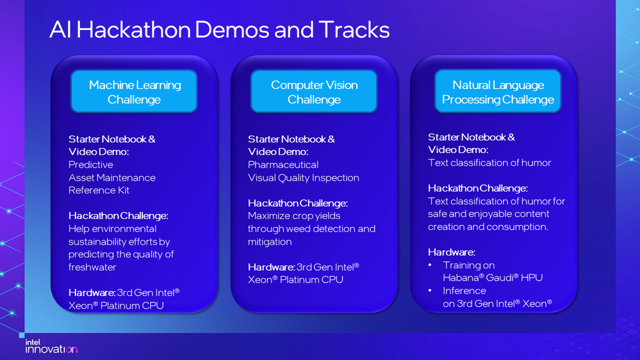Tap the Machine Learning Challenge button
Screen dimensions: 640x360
point(135,92)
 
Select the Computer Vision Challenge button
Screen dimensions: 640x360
point(314,92)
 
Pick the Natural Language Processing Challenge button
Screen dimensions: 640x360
point(498,92)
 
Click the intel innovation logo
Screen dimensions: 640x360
point(51,346)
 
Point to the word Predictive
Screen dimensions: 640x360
point(90,165)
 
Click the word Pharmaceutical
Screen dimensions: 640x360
point(283,165)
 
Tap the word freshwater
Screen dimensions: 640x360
point(92,267)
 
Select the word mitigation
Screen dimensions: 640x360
point(270,242)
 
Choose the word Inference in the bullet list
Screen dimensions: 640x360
point(464,291)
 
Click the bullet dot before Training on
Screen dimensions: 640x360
point(431,265)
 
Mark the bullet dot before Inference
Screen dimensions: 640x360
point(431,291)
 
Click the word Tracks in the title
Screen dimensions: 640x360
point(354,30)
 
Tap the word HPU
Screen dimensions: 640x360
point(532,278)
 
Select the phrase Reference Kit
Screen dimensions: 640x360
point(99,191)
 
